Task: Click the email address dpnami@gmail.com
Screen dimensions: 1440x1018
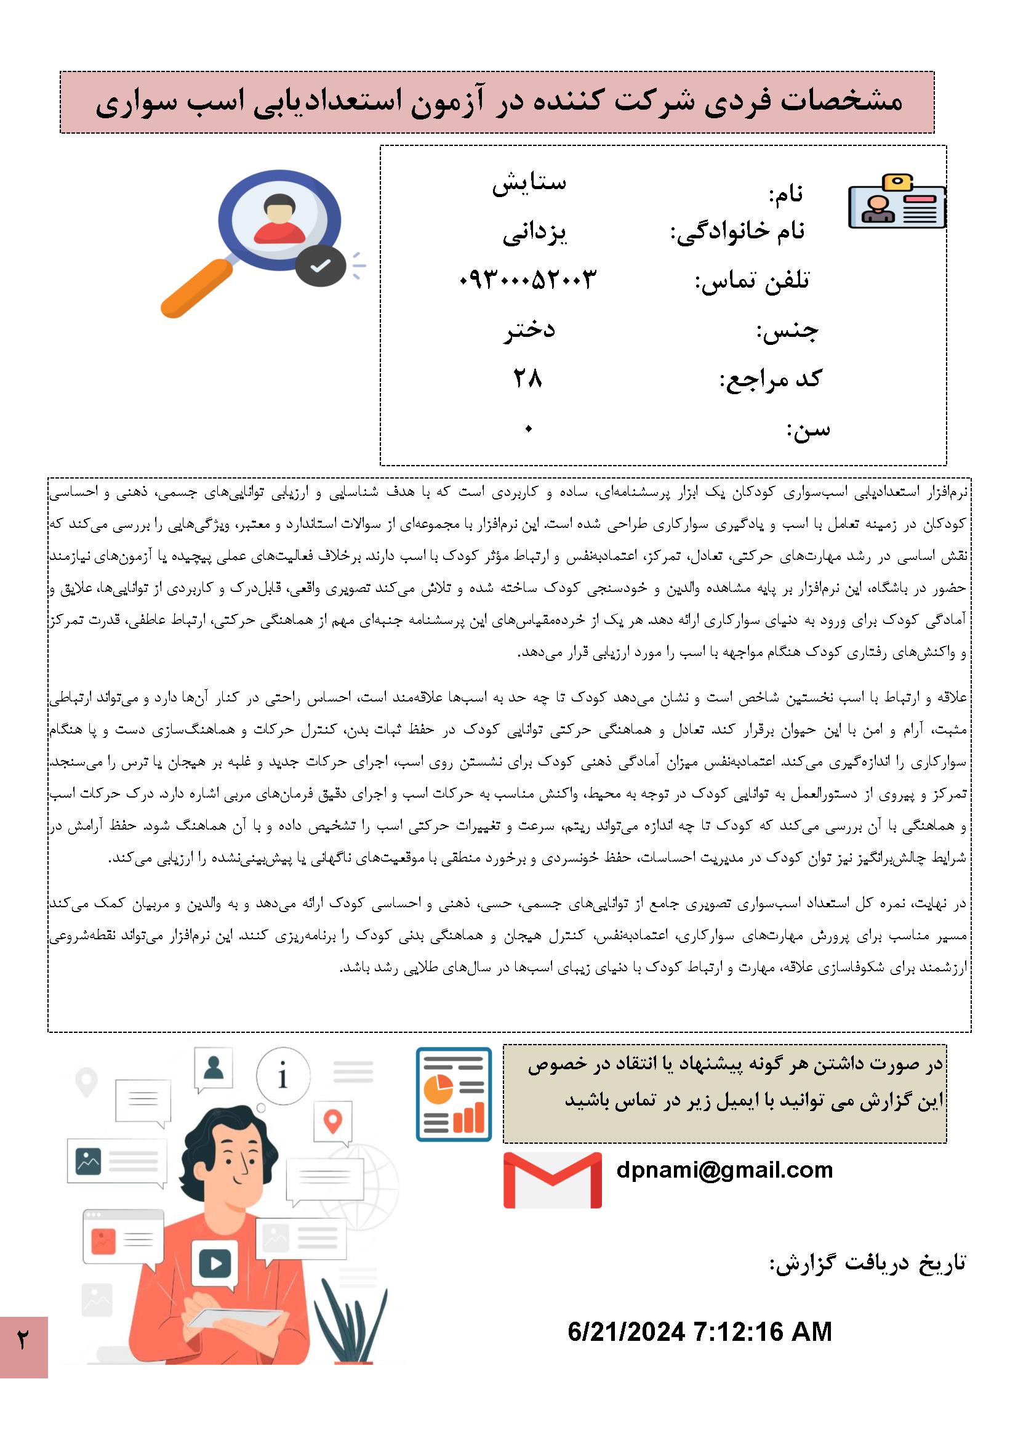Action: click(724, 1170)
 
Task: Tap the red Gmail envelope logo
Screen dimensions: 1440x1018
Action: click(552, 1179)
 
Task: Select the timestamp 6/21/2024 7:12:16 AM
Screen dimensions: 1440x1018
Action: click(700, 1332)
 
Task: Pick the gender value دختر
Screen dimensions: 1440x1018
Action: click(530, 330)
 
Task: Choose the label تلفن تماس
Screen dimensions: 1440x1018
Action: click(751, 281)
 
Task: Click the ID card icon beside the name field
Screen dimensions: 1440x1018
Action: click(896, 201)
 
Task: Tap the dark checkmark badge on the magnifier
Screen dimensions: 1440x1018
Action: click(320, 265)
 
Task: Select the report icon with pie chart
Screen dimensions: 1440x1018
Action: click(453, 1094)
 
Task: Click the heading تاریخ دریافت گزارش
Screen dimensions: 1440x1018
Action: click(868, 1263)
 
